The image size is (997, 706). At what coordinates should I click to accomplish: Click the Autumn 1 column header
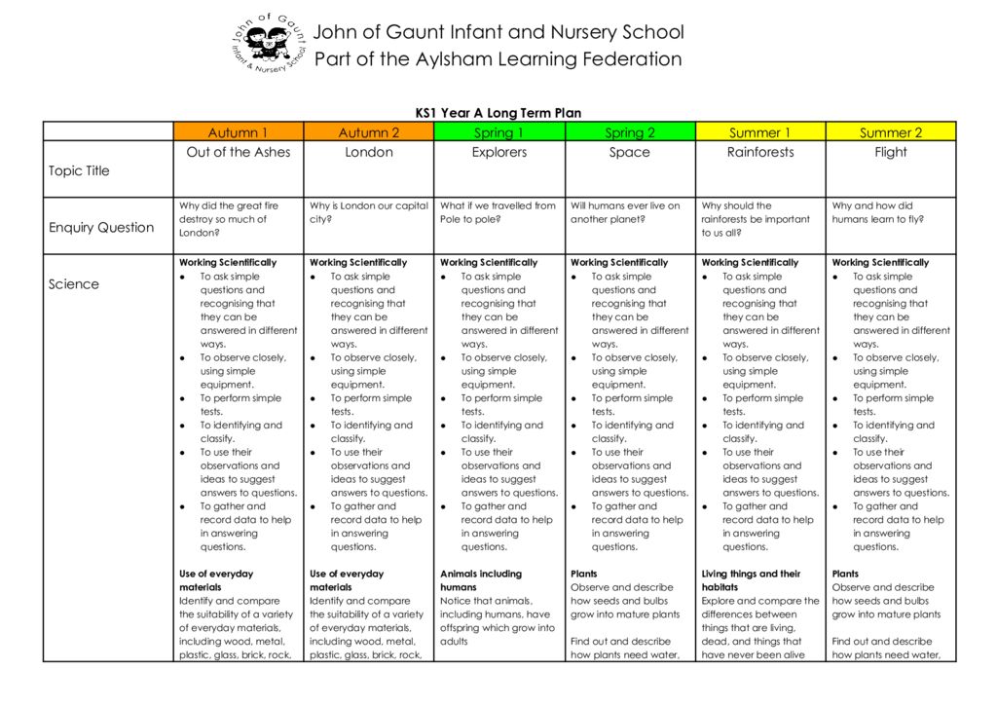click(x=238, y=132)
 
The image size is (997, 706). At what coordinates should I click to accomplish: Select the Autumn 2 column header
click(x=369, y=132)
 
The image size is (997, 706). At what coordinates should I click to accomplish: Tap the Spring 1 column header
click(x=498, y=132)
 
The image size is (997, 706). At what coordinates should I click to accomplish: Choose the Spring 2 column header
click(x=630, y=132)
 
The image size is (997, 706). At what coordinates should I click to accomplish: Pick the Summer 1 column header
click(x=760, y=132)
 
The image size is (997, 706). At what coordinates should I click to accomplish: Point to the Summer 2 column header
click(x=891, y=132)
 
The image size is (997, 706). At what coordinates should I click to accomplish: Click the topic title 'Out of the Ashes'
click(x=239, y=152)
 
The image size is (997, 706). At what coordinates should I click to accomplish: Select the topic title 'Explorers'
click(x=499, y=152)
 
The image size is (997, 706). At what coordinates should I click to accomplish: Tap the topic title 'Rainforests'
click(x=760, y=152)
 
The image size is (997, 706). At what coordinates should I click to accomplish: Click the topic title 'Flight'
click(x=891, y=152)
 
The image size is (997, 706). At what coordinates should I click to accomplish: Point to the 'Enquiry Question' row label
click(x=101, y=228)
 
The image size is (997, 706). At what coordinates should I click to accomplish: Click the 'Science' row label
click(x=74, y=284)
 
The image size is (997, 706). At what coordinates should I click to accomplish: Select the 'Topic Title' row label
click(x=79, y=171)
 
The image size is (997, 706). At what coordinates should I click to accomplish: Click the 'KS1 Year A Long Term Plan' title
click(x=498, y=113)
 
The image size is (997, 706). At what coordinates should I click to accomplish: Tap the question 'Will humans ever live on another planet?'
click(x=625, y=212)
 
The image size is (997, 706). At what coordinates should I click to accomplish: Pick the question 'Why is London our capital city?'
click(x=368, y=212)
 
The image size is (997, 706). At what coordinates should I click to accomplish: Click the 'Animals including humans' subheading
click(x=481, y=580)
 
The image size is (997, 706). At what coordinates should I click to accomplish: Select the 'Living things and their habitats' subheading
click(x=751, y=580)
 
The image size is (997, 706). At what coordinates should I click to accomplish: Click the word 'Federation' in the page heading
click(x=632, y=59)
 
